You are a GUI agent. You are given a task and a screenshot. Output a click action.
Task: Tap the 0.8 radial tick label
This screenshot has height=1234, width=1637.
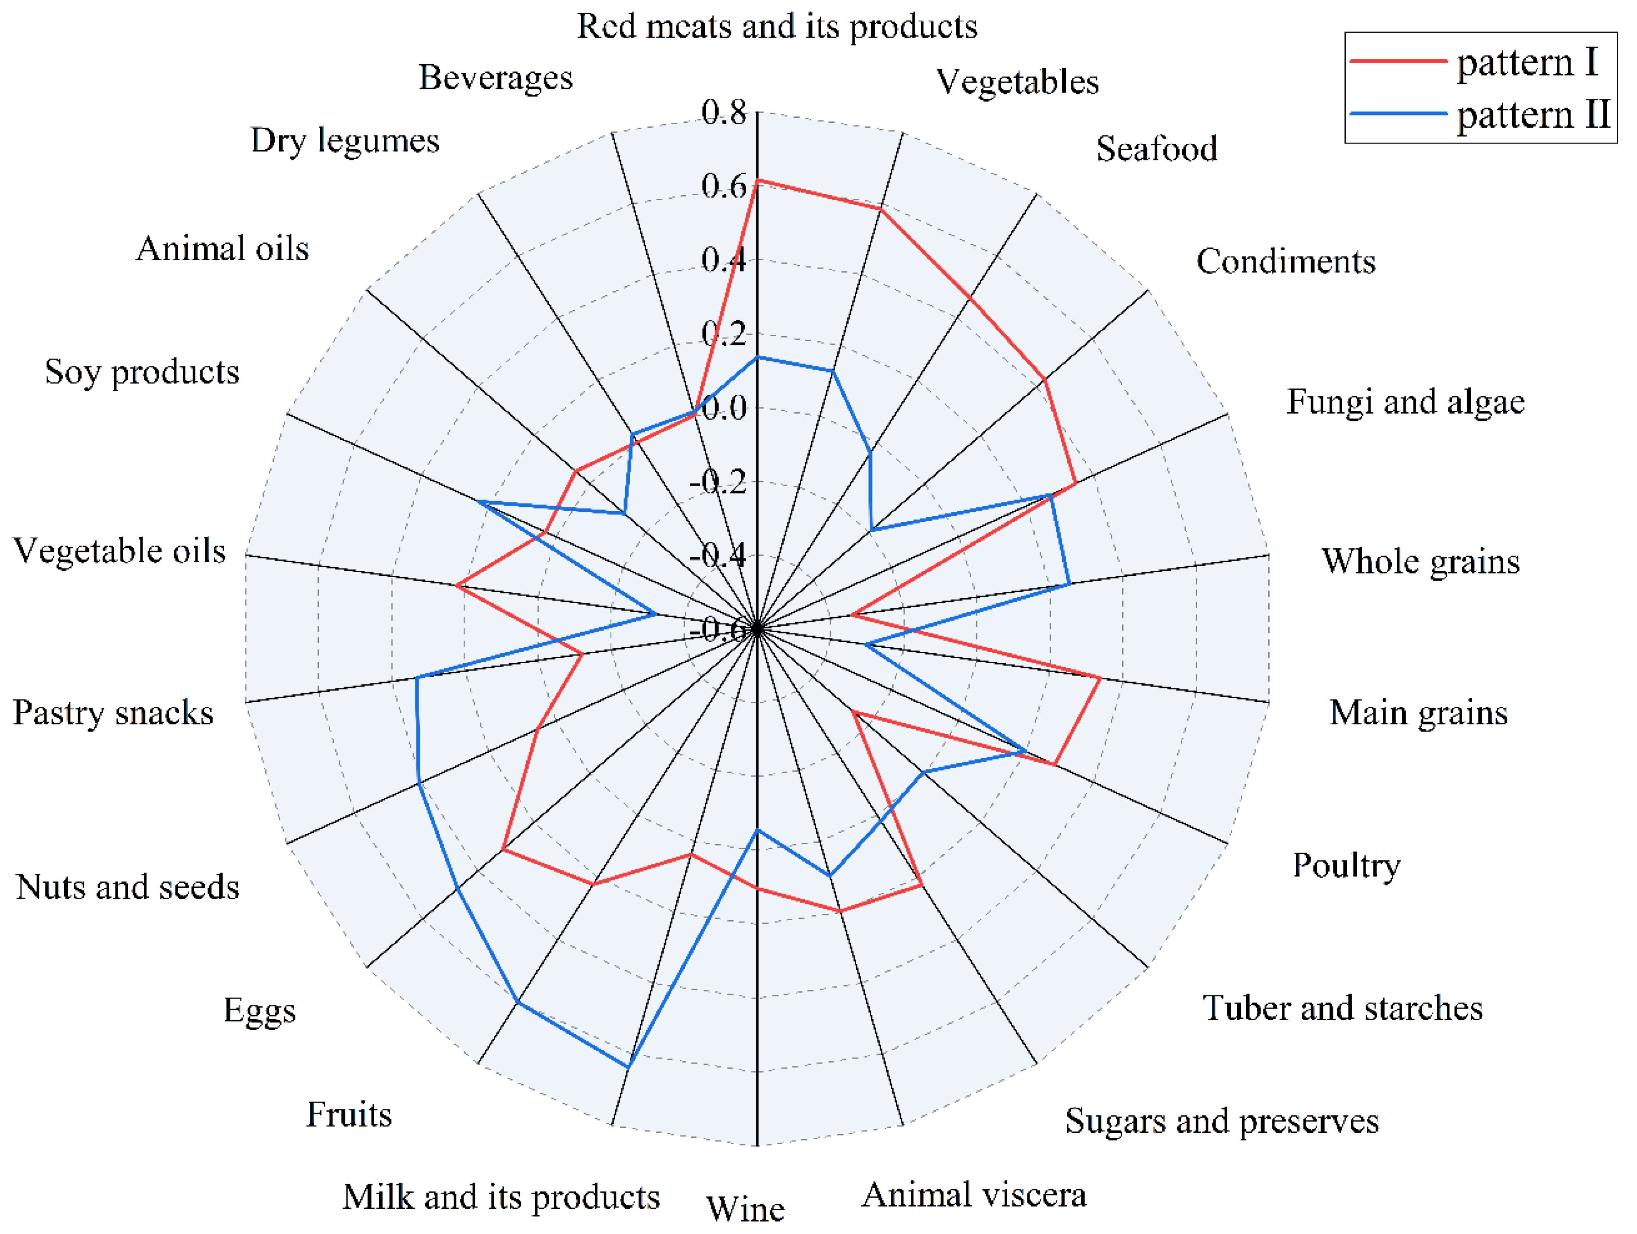[724, 113]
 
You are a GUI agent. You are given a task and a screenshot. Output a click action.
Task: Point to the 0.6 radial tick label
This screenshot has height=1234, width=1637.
[724, 186]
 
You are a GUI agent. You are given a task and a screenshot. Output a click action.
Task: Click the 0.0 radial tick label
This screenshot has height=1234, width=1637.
[724, 408]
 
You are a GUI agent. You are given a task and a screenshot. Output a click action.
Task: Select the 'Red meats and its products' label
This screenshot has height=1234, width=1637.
[777, 27]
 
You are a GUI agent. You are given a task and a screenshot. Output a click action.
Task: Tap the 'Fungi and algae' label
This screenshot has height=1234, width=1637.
[1405, 402]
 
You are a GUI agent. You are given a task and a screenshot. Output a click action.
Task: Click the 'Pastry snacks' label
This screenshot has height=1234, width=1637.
[113, 713]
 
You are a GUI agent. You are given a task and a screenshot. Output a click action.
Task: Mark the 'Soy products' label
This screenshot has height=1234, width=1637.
[142, 371]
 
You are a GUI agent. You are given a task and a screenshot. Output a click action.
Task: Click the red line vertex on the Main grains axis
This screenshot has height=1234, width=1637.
[1100, 678]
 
